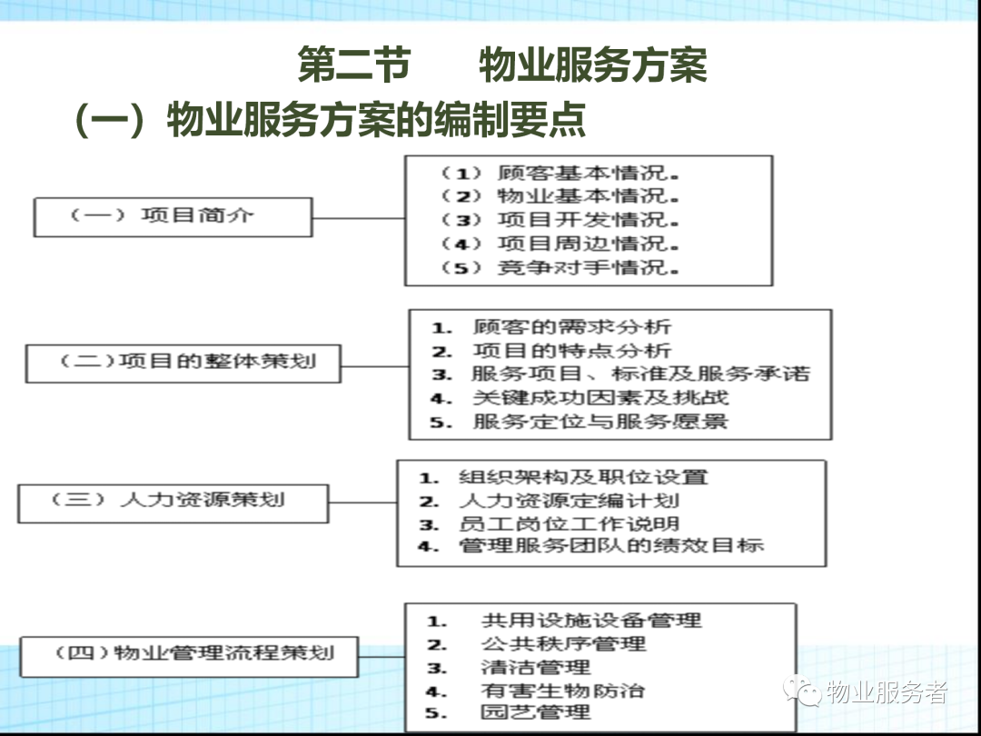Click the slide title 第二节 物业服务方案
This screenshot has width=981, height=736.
click(502, 64)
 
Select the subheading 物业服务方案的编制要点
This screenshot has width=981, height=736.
click(376, 119)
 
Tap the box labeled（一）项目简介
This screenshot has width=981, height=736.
click(173, 217)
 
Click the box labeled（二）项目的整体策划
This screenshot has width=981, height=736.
click(183, 363)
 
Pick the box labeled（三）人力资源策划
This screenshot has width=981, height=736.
click(173, 503)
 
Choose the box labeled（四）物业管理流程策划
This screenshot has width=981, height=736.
click(189, 657)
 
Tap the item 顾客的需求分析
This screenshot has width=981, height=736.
click(572, 327)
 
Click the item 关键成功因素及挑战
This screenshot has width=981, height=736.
click(600, 397)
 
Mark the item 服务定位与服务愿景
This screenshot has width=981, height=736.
click(600, 422)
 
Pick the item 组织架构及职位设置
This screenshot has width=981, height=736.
click(583, 478)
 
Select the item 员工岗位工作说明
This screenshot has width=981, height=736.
click(569, 523)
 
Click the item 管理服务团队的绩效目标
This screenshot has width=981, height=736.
click(611, 545)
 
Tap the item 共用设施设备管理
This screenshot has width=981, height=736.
click(591, 621)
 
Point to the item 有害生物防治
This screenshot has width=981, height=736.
click(562, 691)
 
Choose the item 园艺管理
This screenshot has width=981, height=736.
click(535, 712)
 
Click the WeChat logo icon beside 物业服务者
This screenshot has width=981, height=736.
click(802, 691)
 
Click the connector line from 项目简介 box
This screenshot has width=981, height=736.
click(359, 218)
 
